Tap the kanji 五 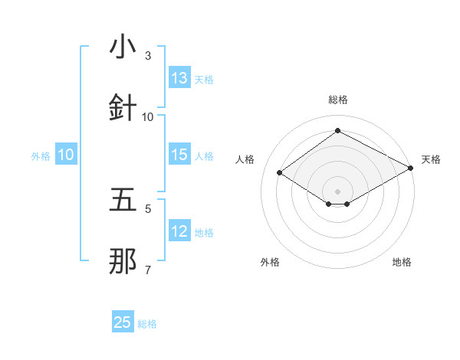click(x=123, y=200)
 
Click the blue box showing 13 click(x=179, y=78)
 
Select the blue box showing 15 click(x=179, y=155)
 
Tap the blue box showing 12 click(x=179, y=231)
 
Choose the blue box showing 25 click(x=123, y=322)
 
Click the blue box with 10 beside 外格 click(x=66, y=155)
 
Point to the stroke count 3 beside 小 click(x=148, y=56)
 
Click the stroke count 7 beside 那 click(x=148, y=270)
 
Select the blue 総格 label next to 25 click(x=147, y=324)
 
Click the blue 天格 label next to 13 click(x=204, y=80)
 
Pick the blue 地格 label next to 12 click(x=204, y=233)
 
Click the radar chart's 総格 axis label click(x=337, y=100)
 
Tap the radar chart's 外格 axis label click(x=270, y=262)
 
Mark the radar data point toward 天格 click(x=411, y=169)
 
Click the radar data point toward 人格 click(x=280, y=173)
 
